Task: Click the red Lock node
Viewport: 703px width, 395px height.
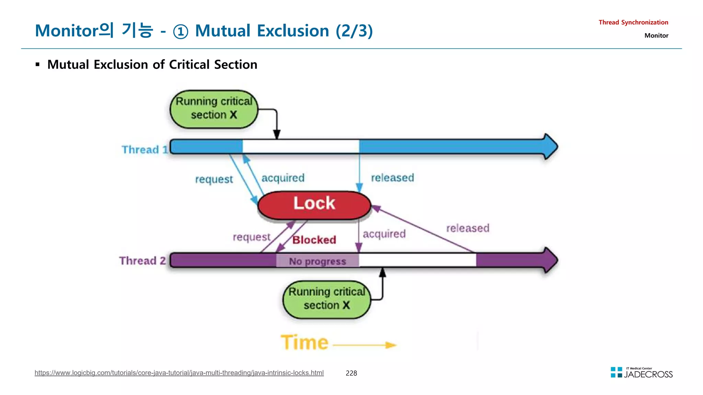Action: [x=314, y=205]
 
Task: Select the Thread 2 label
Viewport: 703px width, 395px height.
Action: [x=142, y=261]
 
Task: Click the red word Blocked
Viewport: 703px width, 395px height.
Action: [x=314, y=240]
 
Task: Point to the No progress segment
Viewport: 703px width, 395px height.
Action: [x=318, y=262]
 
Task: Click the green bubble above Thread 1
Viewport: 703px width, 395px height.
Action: [x=214, y=109]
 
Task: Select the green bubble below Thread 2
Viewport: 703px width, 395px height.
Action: [x=326, y=299]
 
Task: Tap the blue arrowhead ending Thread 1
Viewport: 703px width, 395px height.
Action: [x=550, y=147]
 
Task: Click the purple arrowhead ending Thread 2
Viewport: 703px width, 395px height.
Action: [x=550, y=260]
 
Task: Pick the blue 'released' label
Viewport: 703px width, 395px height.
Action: [x=392, y=178]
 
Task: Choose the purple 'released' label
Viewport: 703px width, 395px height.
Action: [x=468, y=228]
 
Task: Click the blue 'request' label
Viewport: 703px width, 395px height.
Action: [x=214, y=179]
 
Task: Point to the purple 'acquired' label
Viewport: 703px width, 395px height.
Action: [x=384, y=234]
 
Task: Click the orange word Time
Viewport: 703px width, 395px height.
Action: [x=304, y=343]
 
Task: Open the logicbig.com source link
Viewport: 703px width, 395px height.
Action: [x=179, y=373]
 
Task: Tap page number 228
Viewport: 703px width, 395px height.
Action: [x=351, y=373]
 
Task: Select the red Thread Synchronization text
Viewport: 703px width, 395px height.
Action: [x=633, y=22]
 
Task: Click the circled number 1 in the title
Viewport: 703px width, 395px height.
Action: [x=181, y=32]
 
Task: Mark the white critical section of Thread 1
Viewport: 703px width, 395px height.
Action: [x=300, y=147]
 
